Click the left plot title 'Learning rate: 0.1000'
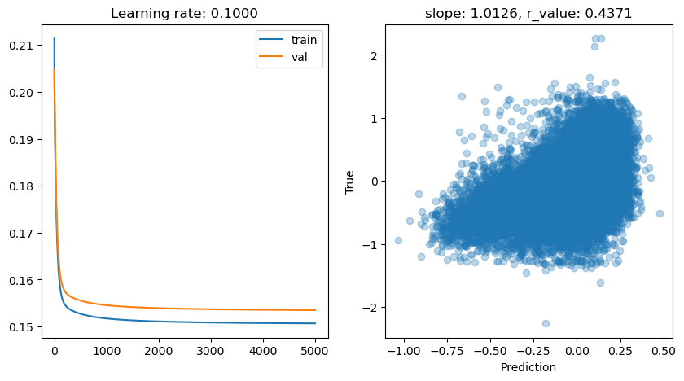pos(185,14)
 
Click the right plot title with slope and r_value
pos(527,14)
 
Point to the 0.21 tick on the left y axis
pos(24,46)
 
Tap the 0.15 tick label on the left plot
pos(24,327)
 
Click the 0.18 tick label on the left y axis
pos(24,186)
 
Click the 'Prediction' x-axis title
pos(527,367)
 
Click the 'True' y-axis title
pos(350,181)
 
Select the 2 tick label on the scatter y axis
pos(374,55)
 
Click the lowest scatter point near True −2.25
pos(546,323)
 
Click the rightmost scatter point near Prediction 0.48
pos(660,213)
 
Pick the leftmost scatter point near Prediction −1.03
pos(398,240)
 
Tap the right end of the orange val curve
pos(315,310)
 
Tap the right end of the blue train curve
pos(315,323)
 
